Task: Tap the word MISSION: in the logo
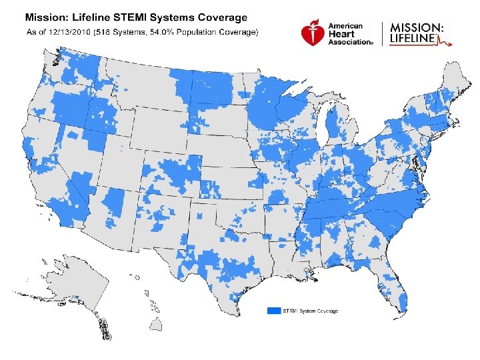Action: click(x=415, y=27)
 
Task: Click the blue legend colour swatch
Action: click(x=273, y=311)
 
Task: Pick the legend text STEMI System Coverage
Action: click(x=310, y=311)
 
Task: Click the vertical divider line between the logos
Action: click(x=382, y=34)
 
